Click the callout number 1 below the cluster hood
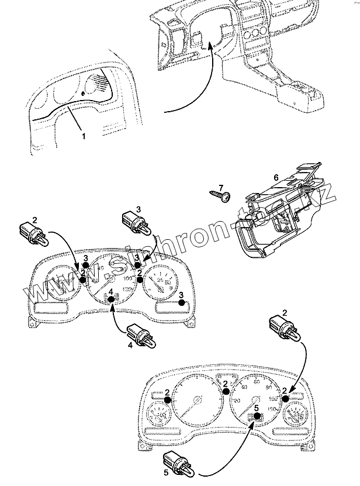click(x=83, y=136)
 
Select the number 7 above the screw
click(x=221, y=188)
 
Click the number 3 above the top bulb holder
click(x=139, y=208)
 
